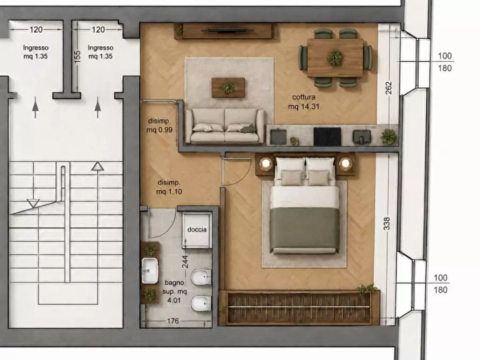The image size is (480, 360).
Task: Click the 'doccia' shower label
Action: click(x=197, y=229)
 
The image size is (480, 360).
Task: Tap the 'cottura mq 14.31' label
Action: click(x=304, y=102)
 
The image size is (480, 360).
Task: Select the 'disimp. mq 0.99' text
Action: click(x=159, y=125)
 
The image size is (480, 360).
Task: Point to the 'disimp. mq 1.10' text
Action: click(x=169, y=187)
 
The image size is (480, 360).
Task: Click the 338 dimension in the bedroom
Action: click(x=387, y=224)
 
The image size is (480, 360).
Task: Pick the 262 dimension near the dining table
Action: click(x=388, y=88)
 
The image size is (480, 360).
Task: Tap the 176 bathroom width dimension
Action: click(x=173, y=321)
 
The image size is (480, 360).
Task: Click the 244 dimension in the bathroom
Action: click(x=185, y=262)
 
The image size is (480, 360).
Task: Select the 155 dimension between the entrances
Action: click(x=77, y=57)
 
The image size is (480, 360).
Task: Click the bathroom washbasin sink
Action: click(x=149, y=271)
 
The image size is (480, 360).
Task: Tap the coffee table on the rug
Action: click(x=228, y=88)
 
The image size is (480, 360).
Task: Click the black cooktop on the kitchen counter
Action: click(x=327, y=136)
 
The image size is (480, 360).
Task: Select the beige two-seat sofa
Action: click(x=225, y=126)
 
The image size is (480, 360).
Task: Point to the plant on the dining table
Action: click(x=335, y=57)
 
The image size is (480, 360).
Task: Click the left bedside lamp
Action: click(x=266, y=163)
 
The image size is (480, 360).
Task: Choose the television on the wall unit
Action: click(x=228, y=30)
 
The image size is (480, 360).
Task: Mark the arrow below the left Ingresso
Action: click(x=35, y=107)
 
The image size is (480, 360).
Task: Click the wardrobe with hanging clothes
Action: click(x=299, y=307)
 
